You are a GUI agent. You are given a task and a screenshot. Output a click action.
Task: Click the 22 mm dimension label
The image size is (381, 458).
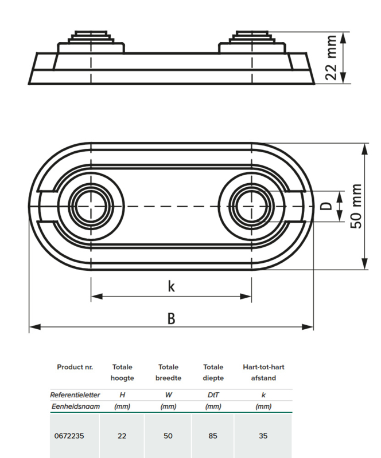point(331,58)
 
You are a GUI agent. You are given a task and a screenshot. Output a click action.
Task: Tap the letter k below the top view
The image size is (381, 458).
point(171,286)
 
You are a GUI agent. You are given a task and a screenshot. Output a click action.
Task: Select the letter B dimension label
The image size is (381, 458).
point(171,318)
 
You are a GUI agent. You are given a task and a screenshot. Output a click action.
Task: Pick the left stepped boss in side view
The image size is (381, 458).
point(91,40)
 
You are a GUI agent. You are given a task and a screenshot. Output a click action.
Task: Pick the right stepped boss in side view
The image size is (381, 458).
point(252,40)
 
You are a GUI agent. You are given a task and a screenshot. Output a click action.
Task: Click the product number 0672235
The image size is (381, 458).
point(69,436)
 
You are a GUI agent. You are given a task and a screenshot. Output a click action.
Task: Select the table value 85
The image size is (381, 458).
point(213,436)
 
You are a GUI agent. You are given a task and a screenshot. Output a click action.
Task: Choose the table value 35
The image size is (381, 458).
point(263,436)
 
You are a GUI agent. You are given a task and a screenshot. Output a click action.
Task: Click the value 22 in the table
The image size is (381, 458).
point(122,436)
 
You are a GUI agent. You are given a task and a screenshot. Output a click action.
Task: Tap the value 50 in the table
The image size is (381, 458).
point(168,436)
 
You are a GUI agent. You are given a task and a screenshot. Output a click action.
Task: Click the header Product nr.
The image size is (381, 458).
point(75,367)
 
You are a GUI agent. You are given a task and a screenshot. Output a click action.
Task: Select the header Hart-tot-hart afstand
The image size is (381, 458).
point(263,372)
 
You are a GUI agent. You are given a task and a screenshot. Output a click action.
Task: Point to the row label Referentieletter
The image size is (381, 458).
point(75,395)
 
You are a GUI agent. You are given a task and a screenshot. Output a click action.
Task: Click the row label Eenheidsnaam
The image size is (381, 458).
point(75,406)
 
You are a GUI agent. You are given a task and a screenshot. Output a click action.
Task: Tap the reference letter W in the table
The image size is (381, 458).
point(168,395)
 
